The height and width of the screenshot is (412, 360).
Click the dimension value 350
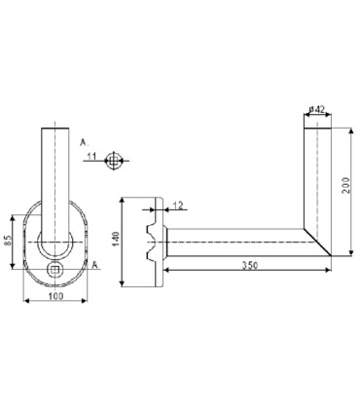pyautogui.click(x=250, y=265)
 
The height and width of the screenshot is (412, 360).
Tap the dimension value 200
pyautogui.click(x=346, y=185)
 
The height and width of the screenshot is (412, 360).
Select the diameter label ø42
pyautogui.click(x=317, y=109)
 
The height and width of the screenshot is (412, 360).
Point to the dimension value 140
pyautogui.click(x=117, y=240)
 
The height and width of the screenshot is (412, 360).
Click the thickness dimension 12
pyautogui.click(x=178, y=206)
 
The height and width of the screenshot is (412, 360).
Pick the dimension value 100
pyautogui.click(x=55, y=296)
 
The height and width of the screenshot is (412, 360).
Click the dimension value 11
pyautogui.click(x=91, y=157)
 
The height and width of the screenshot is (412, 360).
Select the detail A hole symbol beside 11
pyautogui.click(x=113, y=161)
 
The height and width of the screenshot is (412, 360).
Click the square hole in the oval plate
pyautogui.click(x=55, y=269)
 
